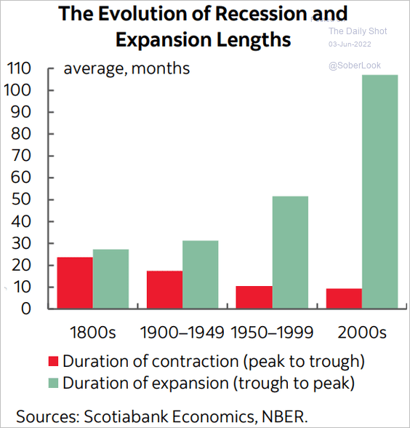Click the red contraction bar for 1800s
click(75, 282)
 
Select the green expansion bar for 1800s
click(110, 279)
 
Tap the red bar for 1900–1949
click(164, 290)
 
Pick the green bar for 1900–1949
click(201, 274)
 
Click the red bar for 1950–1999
click(254, 297)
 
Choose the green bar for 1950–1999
click(290, 253)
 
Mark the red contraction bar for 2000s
click(344, 298)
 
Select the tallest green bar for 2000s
click(379, 191)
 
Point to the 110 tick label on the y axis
click(19, 68)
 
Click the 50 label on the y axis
click(20, 199)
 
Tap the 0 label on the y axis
click(26, 309)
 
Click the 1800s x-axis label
click(93, 332)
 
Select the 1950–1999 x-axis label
click(272, 332)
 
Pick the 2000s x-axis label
click(362, 332)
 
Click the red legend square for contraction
click(53, 361)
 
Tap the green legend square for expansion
click(53, 383)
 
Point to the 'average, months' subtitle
click(126, 68)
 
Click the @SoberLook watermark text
click(355, 66)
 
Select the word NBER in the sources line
click(285, 416)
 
